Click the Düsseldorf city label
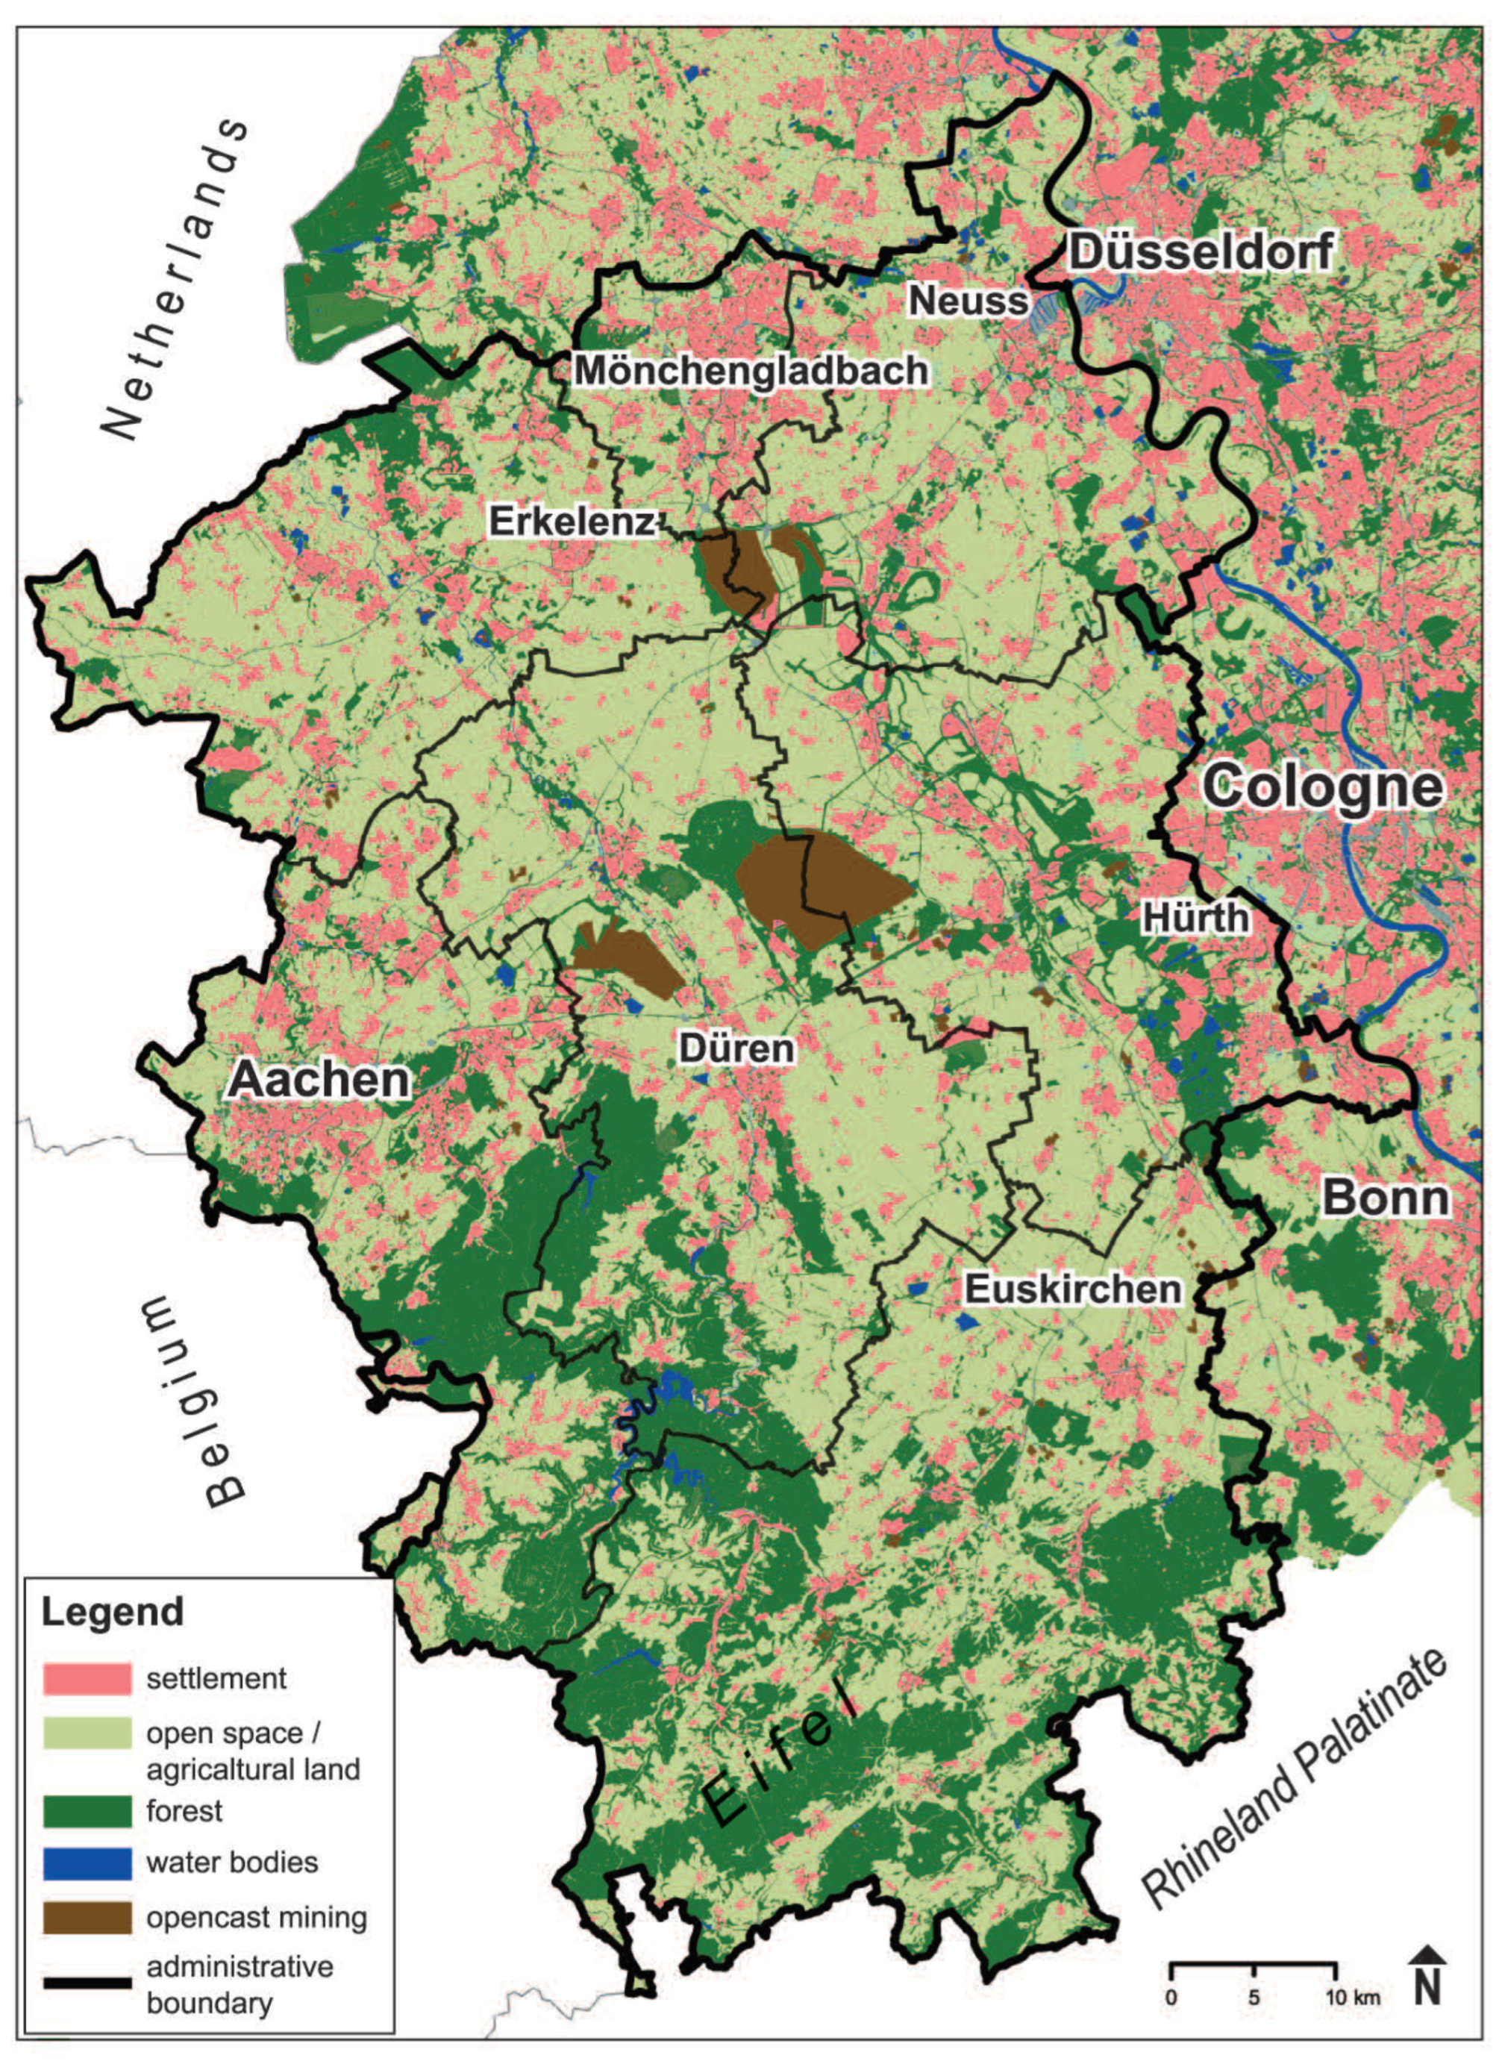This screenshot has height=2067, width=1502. click(x=1201, y=251)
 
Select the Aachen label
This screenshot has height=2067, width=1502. click(x=319, y=1080)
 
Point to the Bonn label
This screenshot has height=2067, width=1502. click(x=1386, y=1198)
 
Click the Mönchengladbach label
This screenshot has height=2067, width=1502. click(x=751, y=371)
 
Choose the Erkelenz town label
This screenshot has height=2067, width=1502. click(x=572, y=522)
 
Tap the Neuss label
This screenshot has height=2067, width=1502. click(x=968, y=301)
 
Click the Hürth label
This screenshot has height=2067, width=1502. click(x=1195, y=917)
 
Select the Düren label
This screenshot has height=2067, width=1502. click(x=736, y=1049)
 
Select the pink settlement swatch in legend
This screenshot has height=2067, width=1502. click(x=87, y=1677)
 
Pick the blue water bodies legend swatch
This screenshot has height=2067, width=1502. click(x=87, y=1862)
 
